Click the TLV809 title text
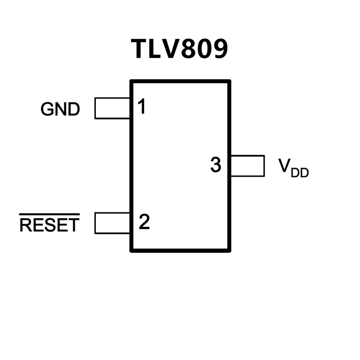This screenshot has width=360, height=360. [x=179, y=49]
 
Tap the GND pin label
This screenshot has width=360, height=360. [x=60, y=109]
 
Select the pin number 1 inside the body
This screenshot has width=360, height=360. [x=141, y=107]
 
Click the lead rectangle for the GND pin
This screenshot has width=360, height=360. [x=112, y=108]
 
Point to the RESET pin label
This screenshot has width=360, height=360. [x=50, y=225]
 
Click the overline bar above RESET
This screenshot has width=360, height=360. [x=50, y=215]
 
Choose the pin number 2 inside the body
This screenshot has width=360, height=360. [x=144, y=222]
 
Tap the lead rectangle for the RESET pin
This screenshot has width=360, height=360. [x=112, y=223]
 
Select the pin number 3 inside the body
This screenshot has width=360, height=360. [x=215, y=165]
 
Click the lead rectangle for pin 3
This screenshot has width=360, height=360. [x=247, y=166]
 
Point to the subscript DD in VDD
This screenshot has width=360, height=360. [x=300, y=173]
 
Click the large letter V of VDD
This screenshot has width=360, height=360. [x=285, y=165]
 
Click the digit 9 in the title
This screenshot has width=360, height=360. [x=219, y=49]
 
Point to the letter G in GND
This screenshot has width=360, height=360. [x=47, y=109]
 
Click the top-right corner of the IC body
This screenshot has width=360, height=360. [x=229, y=81]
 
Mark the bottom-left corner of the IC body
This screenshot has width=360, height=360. [x=131, y=251]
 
